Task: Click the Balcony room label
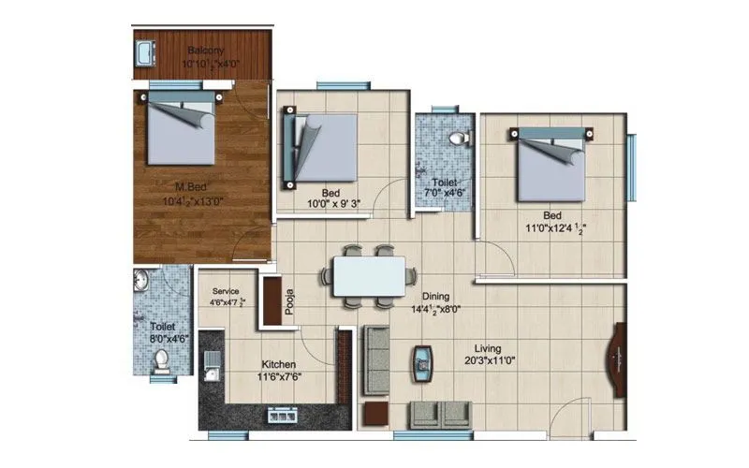(203, 51)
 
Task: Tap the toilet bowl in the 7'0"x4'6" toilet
(458, 139)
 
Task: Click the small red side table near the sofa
(376, 414)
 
